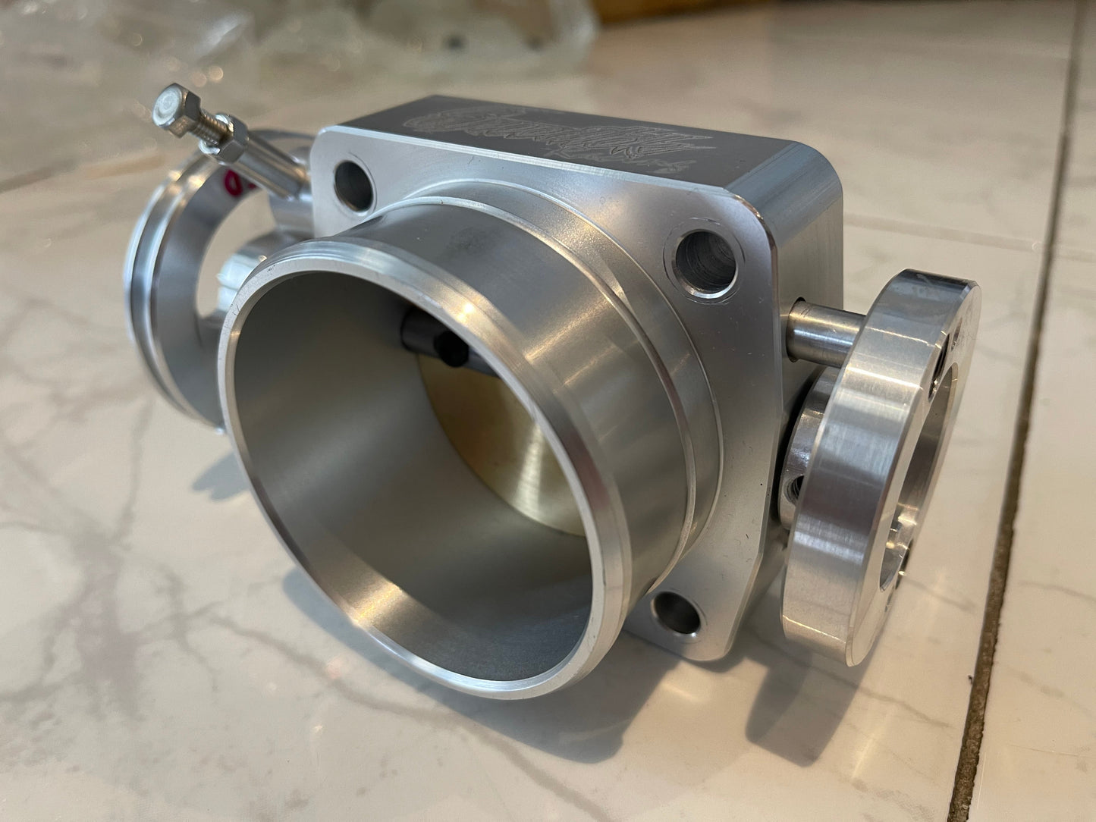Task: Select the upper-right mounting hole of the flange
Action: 702,259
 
